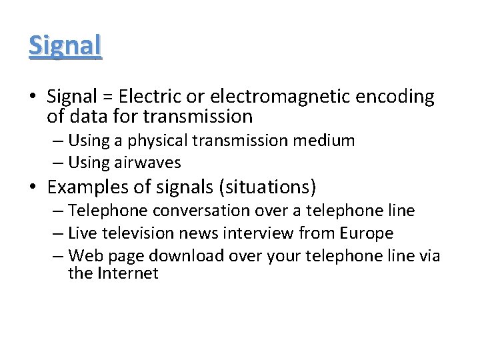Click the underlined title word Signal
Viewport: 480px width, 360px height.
point(65,45)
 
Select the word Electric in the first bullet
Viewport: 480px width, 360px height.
point(148,97)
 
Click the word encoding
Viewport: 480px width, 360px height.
point(395,97)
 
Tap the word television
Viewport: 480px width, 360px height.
point(138,233)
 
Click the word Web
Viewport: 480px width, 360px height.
point(84,255)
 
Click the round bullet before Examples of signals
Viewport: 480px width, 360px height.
point(33,187)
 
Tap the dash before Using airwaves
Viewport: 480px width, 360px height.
point(59,163)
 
